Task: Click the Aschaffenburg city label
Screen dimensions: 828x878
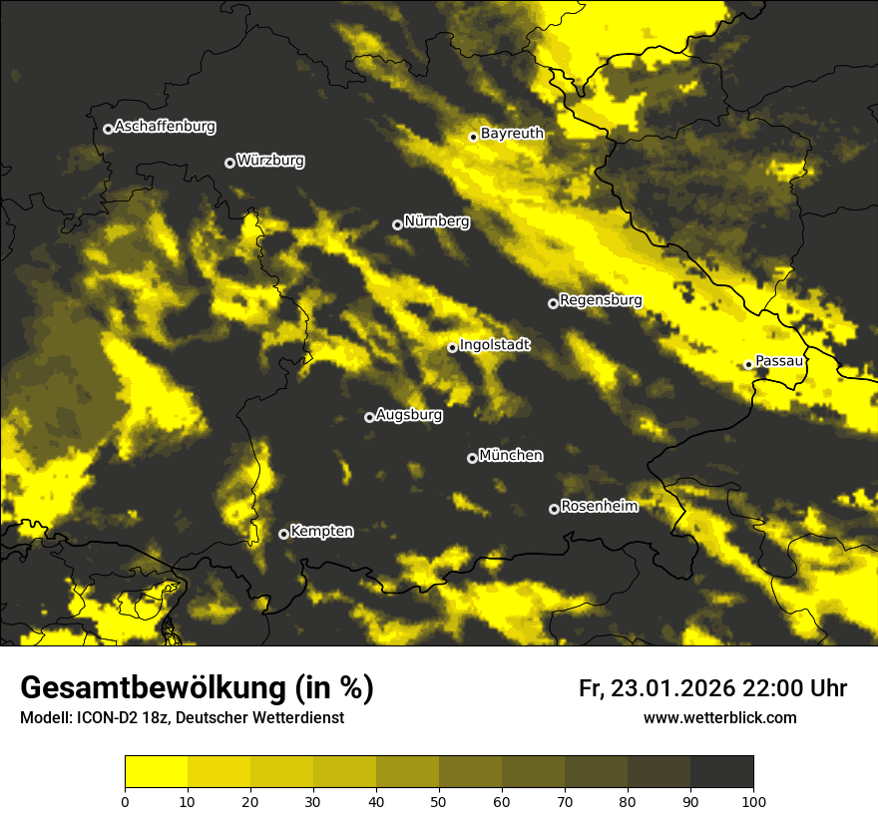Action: (165, 127)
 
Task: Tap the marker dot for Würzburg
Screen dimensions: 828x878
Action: (229, 163)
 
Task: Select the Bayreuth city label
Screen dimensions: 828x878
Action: (512, 133)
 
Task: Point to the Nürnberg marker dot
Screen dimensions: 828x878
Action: (397, 224)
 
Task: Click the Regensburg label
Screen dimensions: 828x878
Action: (601, 299)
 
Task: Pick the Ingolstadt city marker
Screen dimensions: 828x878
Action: (452, 347)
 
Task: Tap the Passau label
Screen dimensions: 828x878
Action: (779, 361)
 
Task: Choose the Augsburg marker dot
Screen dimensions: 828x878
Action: (369, 417)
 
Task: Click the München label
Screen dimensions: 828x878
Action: (511, 455)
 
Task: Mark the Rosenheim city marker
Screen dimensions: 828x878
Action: (554, 509)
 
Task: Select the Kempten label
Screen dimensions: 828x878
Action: (321, 531)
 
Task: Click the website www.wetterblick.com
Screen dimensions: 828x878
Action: (719, 717)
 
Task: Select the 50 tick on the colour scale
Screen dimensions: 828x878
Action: (439, 800)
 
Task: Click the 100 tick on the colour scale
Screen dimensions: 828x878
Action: (753, 800)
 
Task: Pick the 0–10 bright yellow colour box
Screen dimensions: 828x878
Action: (156, 772)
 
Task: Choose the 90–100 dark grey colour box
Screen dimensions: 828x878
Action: (721, 772)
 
